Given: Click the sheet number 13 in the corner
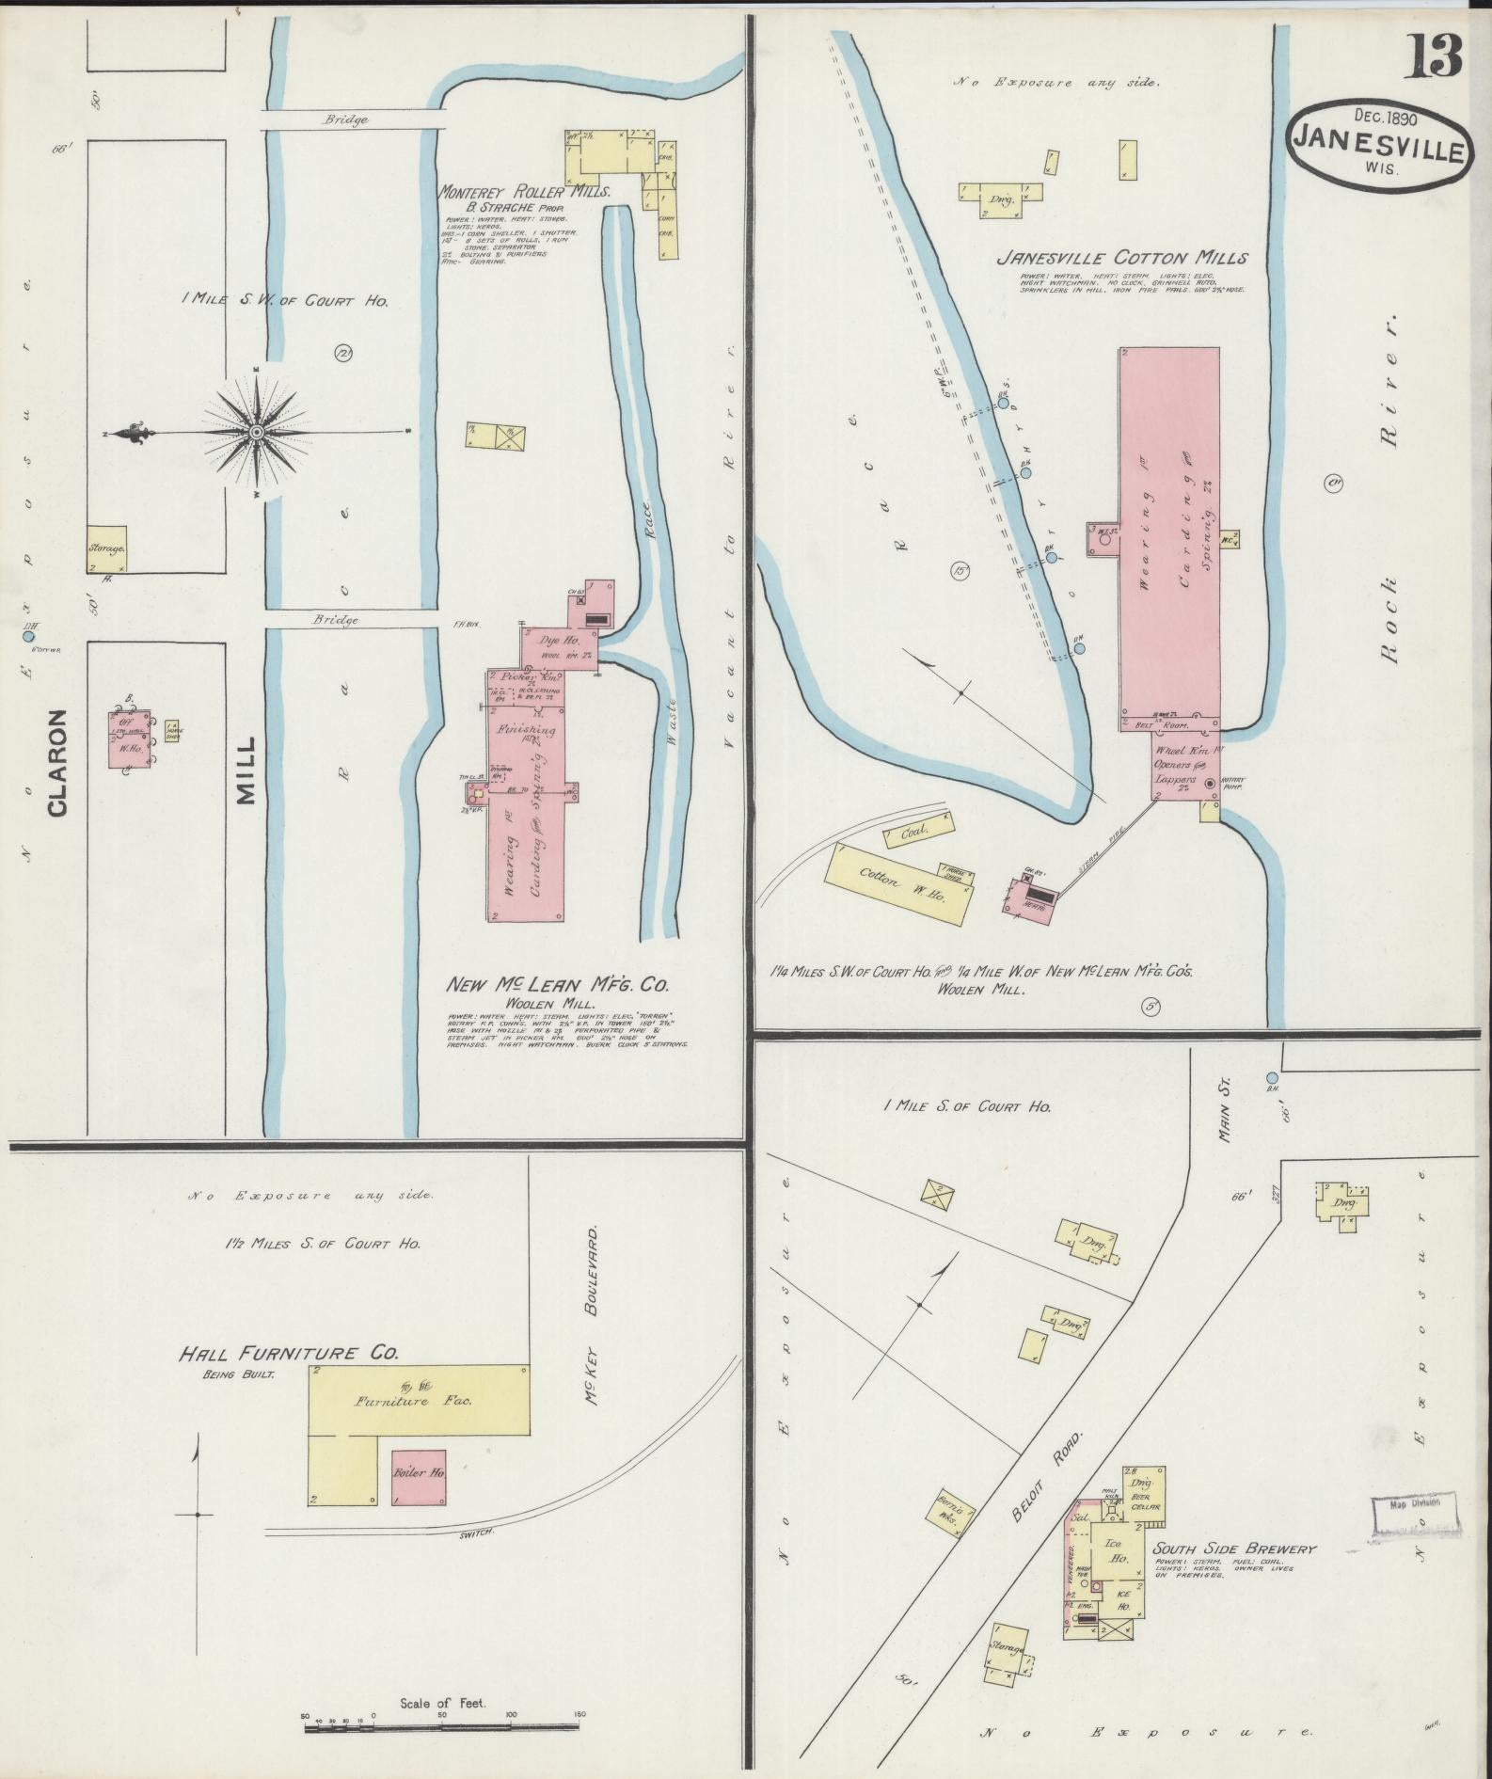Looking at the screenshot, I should (x=1434, y=56).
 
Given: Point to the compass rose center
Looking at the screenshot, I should (x=256, y=432).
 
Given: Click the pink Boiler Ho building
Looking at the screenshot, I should (x=418, y=1473).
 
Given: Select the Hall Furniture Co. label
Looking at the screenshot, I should (x=289, y=1354).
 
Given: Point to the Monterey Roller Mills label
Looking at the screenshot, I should (x=525, y=191).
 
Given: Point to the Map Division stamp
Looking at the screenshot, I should (x=1414, y=1502).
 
